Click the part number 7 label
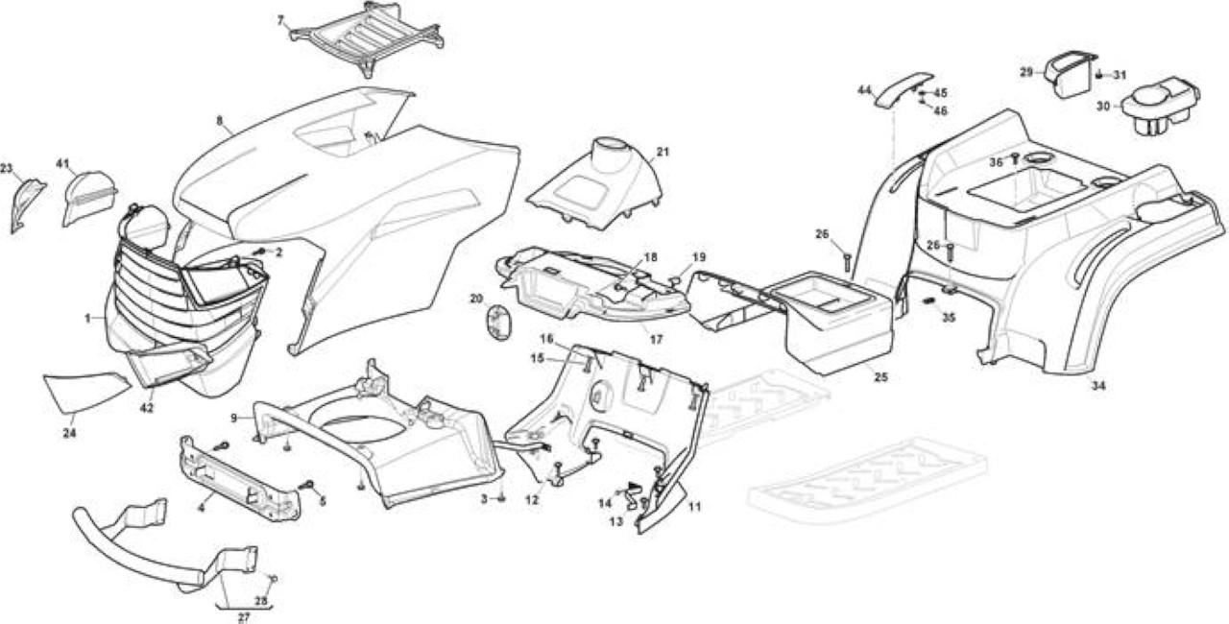pyautogui.click(x=281, y=21)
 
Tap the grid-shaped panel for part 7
pyautogui.click(x=367, y=39)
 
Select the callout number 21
pyautogui.click(x=663, y=152)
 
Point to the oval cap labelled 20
pyautogui.click(x=497, y=324)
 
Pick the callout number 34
pyautogui.click(x=1097, y=386)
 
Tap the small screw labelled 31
pyautogui.click(x=1099, y=75)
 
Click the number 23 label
pyautogui.click(x=7, y=168)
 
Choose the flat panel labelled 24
pyautogui.click(x=86, y=392)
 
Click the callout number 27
pyautogui.click(x=244, y=617)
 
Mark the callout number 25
pyautogui.click(x=880, y=377)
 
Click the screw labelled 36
pyautogui.click(x=1015, y=158)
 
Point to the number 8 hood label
pyautogui.click(x=220, y=121)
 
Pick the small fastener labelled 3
pyautogui.click(x=501, y=498)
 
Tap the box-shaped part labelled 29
pyautogui.click(x=1069, y=75)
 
